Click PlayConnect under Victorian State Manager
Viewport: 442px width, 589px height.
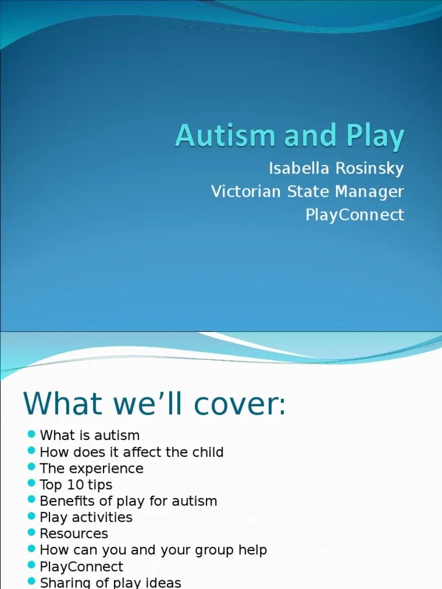pos(355,215)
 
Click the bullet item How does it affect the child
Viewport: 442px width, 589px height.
pos(131,452)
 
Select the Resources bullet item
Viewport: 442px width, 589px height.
pos(74,534)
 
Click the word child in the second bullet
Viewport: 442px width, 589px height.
pos(207,452)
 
